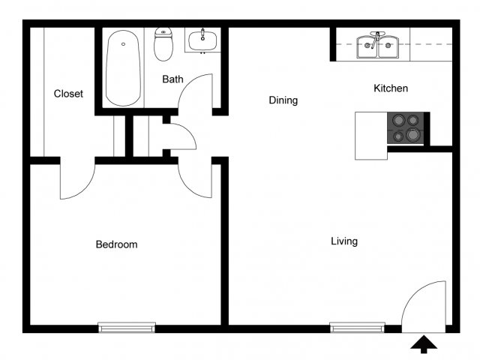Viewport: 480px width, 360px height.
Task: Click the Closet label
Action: point(68,93)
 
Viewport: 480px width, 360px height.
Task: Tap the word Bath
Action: point(172,79)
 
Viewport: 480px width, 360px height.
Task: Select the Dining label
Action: point(283,100)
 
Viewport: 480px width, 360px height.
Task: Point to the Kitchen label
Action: point(391,88)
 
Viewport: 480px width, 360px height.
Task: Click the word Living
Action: point(344,241)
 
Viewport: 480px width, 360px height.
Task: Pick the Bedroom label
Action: point(116,244)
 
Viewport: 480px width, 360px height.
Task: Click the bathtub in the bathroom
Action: point(123,68)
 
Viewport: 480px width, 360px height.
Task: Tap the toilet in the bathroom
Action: point(163,44)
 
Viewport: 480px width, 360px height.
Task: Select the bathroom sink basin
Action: point(202,40)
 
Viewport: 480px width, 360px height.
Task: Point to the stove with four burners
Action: point(406,128)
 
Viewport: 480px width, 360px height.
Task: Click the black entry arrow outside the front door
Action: point(424,344)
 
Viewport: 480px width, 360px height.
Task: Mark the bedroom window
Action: point(127,327)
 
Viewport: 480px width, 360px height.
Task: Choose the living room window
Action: point(357,327)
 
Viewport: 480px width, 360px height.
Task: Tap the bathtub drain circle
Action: point(123,44)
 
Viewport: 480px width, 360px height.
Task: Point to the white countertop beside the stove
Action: point(371,136)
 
